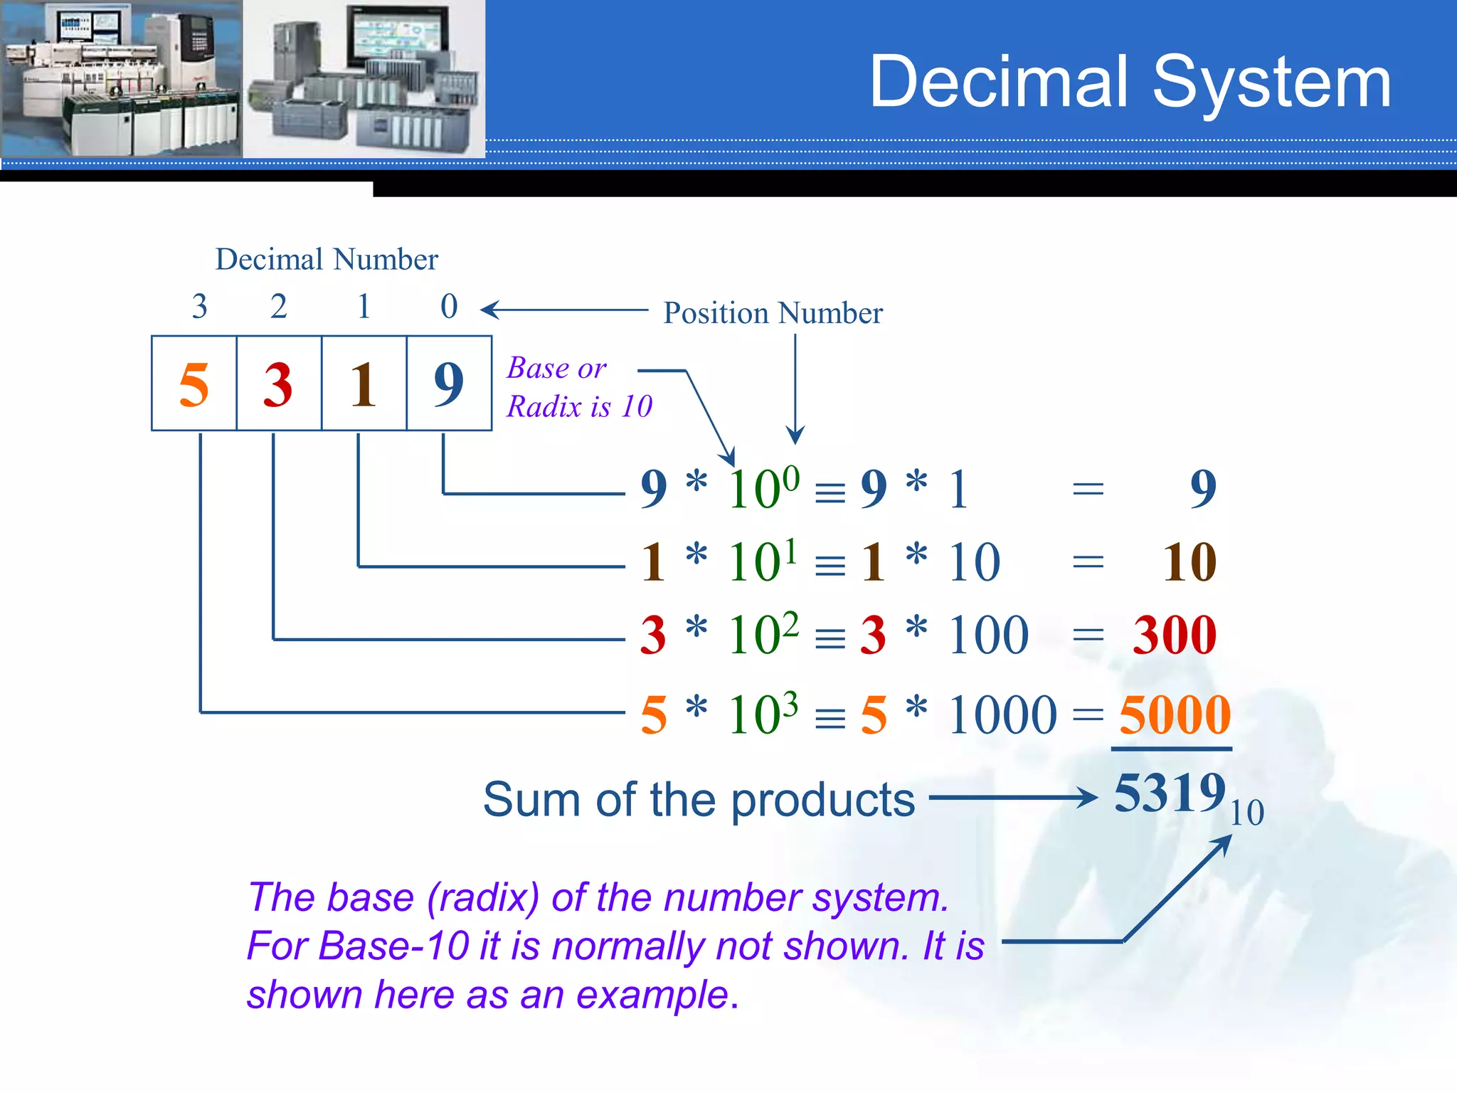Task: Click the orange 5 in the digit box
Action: (x=194, y=385)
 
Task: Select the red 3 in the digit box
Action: (x=278, y=385)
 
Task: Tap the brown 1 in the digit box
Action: (x=364, y=385)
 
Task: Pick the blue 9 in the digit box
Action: (x=449, y=385)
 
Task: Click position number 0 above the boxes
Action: (x=449, y=307)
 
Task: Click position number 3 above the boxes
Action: (x=199, y=307)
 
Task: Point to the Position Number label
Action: (x=773, y=313)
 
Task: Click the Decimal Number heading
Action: (x=327, y=260)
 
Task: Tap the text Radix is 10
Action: (x=579, y=407)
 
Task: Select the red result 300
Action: (x=1174, y=635)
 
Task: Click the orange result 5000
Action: (x=1174, y=715)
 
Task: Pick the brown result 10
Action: (x=1190, y=562)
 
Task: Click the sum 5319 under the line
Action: (x=1170, y=793)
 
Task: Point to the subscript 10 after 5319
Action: (x=1247, y=813)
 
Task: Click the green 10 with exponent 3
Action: (x=756, y=715)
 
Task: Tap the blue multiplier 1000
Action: (x=1002, y=715)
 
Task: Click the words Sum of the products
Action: (x=699, y=800)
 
